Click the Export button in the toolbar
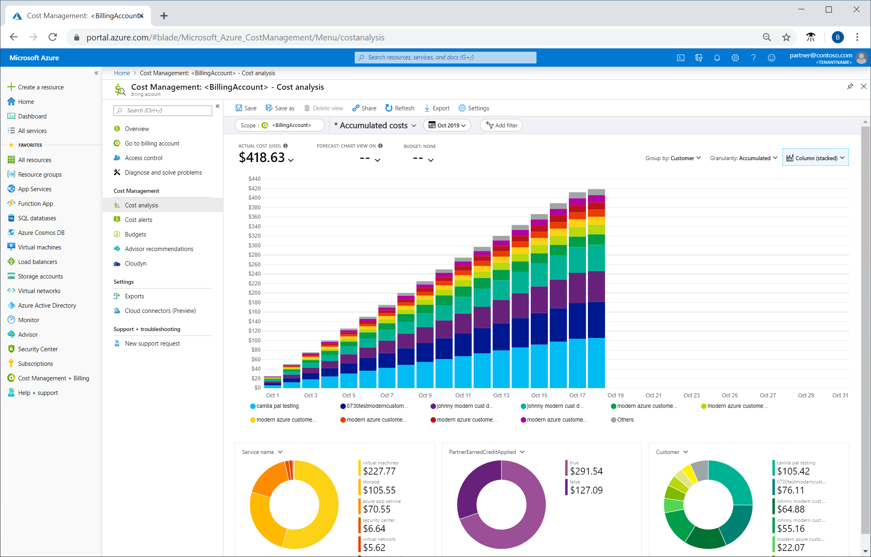tap(437, 108)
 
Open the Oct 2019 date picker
tap(447, 125)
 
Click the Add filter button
tap(501, 125)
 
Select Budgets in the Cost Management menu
tap(135, 234)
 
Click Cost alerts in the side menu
tap(138, 220)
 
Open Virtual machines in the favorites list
tap(40, 247)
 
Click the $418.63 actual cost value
tap(262, 158)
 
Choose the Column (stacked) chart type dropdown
tap(816, 158)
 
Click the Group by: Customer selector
tap(673, 158)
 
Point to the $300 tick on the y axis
tap(255, 245)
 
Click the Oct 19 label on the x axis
tap(615, 395)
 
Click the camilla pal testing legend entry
tap(277, 406)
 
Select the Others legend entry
tap(625, 420)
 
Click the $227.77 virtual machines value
tap(379, 471)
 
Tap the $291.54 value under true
tap(586, 471)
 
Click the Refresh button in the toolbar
tap(400, 108)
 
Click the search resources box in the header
tap(445, 57)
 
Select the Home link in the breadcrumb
tap(122, 73)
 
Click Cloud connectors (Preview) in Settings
tap(160, 311)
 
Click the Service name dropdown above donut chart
tap(262, 452)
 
